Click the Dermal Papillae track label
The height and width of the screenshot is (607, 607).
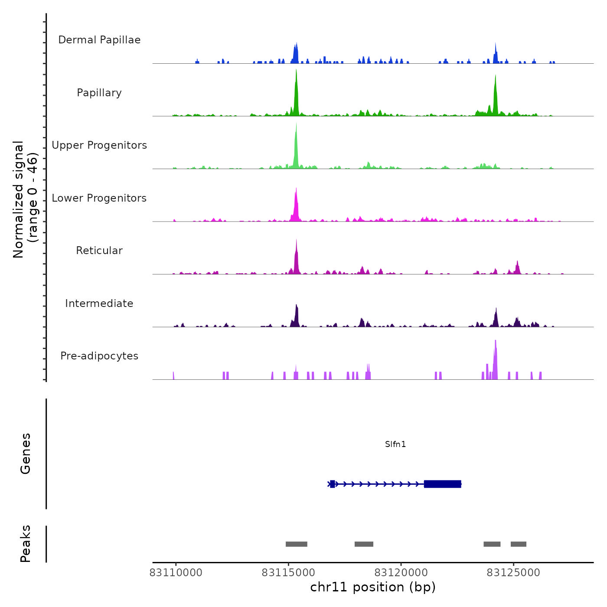click(x=99, y=40)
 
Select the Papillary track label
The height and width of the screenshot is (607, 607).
click(x=99, y=93)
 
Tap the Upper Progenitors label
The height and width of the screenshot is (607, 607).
click(x=99, y=145)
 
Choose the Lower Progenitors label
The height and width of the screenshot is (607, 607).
click(x=99, y=198)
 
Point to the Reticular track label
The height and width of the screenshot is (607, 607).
click(x=99, y=251)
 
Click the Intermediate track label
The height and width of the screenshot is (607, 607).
click(x=99, y=303)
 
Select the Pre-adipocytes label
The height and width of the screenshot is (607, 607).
click(x=99, y=356)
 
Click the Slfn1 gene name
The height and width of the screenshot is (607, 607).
click(x=395, y=444)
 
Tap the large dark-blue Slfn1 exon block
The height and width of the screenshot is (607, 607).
click(x=442, y=484)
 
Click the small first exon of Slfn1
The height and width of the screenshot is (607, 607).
click(x=333, y=484)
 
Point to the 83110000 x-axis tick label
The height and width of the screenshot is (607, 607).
click(x=176, y=573)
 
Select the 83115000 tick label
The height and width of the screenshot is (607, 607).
click(x=288, y=573)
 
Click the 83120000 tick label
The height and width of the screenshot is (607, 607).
click(x=401, y=573)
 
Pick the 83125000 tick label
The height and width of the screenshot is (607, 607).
click(x=513, y=573)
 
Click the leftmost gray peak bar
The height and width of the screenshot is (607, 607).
click(x=297, y=544)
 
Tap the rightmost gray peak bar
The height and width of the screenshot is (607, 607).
click(x=519, y=544)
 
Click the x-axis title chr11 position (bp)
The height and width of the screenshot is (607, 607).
click(x=373, y=587)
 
